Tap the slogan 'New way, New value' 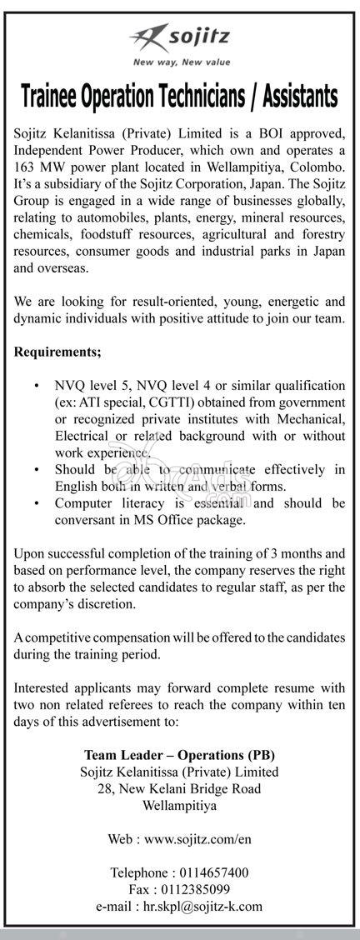180,62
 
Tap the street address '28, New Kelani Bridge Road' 179,787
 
